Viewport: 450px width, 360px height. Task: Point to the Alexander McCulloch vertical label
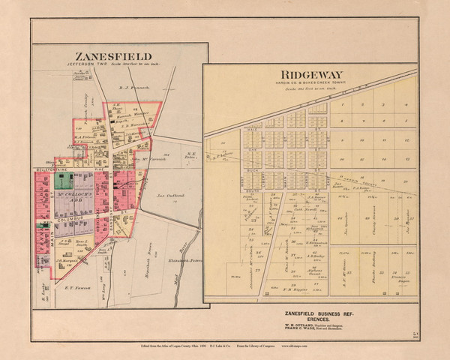[x=251, y=247]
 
